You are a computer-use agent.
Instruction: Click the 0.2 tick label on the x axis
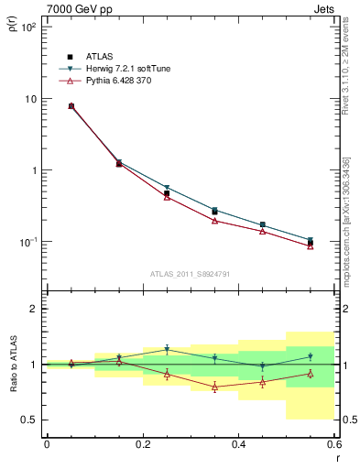point(143,444)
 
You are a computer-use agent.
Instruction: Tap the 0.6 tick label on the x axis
point(334,444)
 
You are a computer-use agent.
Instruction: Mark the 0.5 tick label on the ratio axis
point(29,420)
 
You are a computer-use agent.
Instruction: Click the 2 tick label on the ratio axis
point(33,309)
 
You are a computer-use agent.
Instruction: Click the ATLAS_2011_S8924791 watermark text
point(191,273)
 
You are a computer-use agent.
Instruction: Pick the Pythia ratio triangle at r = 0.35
point(214,387)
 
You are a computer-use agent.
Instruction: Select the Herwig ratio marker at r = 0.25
point(167,349)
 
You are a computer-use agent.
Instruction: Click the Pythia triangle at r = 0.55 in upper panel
point(311,245)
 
